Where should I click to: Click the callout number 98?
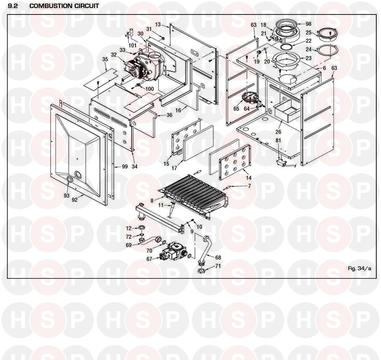click(309, 24)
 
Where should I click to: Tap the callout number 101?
click(132, 45)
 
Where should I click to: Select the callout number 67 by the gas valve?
click(149, 259)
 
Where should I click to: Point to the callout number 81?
click(278, 141)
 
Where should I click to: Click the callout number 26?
click(278, 132)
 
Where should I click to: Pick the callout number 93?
click(66, 196)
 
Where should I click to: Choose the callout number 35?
click(105, 59)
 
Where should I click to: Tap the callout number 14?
click(249, 178)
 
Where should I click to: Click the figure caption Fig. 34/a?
click(359, 268)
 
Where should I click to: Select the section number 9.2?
click(12, 6)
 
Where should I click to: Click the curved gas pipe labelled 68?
click(207, 250)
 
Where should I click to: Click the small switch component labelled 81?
click(282, 163)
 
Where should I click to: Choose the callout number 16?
click(179, 111)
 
